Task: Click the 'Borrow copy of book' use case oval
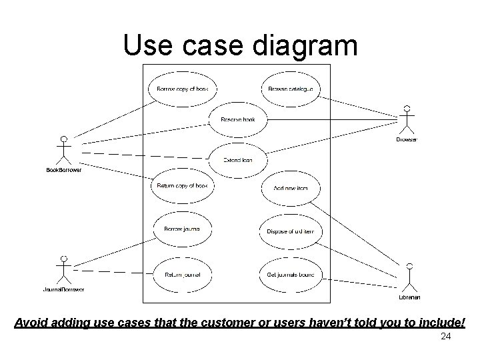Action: (182, 89)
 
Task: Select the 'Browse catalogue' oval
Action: (290, 89)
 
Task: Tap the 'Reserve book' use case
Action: (238, 120)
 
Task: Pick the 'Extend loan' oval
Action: (237, 160)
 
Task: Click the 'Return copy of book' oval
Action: (182, 186)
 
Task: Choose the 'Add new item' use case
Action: (290, 189)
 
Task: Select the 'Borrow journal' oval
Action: (182, 229)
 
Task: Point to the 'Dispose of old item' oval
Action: (290, 231)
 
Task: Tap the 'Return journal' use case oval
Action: (182, 274)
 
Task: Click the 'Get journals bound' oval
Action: (290, 274)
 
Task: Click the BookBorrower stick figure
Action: (63, 151)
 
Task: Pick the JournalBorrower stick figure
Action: (63, 270)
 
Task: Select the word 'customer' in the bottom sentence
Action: (231, 323)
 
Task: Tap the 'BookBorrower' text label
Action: (63, 170)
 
